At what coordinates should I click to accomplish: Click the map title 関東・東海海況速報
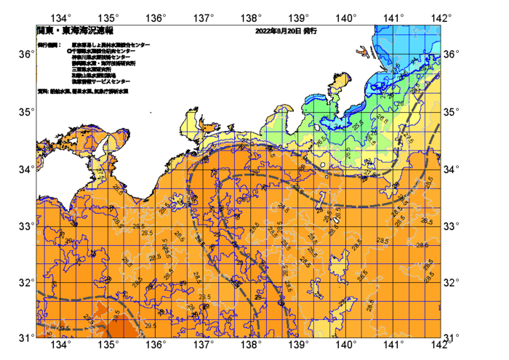(x=75, y=31)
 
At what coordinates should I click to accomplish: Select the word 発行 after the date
(x=310, y=31)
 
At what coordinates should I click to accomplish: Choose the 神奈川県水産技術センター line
(x=101, y=57)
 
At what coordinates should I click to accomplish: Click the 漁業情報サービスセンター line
(x=101, y=82)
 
